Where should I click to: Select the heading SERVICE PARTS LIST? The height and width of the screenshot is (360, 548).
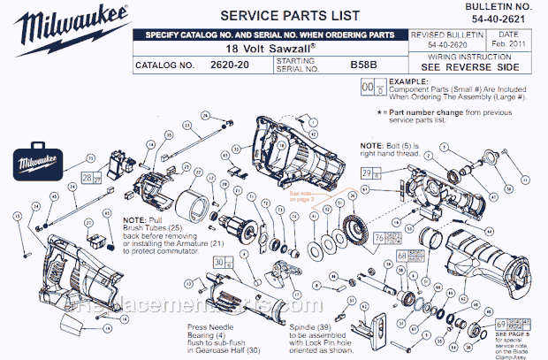[x=278, y=15]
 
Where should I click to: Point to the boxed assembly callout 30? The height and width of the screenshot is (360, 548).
[x=221, y=262]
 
